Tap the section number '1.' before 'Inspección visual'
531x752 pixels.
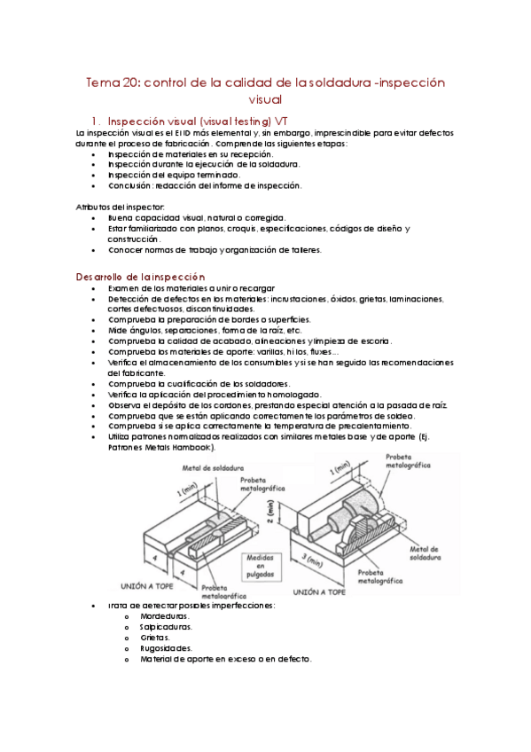[96, 121]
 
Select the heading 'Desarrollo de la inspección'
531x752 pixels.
[140, 277]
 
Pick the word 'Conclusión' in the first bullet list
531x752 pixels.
[131, 185]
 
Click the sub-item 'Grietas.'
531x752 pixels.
[155, 638]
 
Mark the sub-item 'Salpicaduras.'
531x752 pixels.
[166, 627]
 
